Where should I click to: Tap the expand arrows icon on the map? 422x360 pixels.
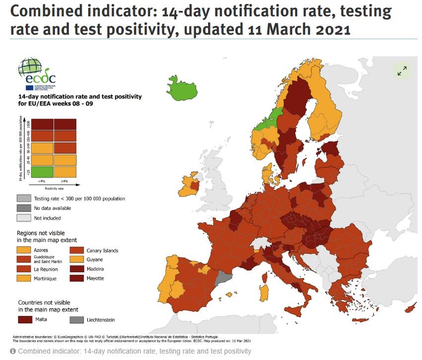tap(402, 70)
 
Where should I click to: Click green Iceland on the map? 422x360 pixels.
tap(182, 87)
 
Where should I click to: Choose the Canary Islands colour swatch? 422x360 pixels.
tap(77, 250)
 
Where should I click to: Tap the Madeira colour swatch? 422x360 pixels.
tap(77, 269)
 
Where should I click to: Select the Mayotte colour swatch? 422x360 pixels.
tap(77, 278)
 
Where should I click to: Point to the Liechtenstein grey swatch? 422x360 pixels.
tap(77, 320)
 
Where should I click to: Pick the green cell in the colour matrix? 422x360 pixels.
tap(39, 172)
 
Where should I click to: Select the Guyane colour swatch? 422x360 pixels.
tap(77, 259)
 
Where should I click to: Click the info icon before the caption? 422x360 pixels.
tap(13, 351)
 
